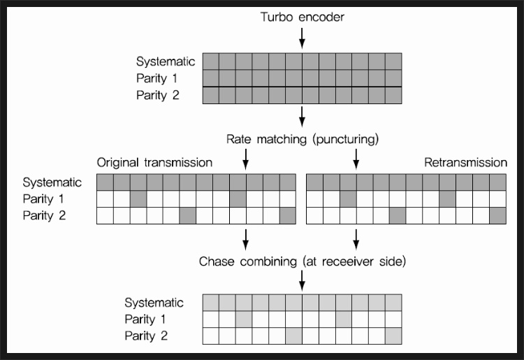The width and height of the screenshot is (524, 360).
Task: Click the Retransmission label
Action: tap(465, 162)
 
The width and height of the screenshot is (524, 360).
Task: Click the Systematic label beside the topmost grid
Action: tap(162, 61)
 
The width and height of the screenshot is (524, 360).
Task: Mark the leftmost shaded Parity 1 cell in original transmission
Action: tap(138, 199)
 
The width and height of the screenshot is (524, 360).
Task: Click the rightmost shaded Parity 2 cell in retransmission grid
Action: tap(497, 215)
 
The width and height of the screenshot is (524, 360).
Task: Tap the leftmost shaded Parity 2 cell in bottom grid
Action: tap(293, 336)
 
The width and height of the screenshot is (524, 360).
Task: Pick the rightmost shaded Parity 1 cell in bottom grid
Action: tap(343, 319)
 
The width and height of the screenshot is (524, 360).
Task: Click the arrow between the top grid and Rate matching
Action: tap(302, 115)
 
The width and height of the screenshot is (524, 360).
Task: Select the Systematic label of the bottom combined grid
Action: tap(154, 303)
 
